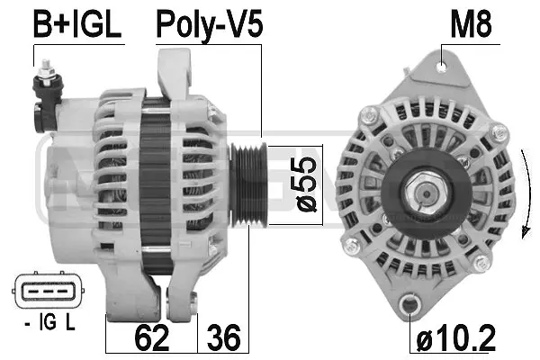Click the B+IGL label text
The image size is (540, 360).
[x=76, y=25]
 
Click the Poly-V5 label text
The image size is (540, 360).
[x=209, y=25]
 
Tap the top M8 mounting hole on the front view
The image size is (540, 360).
[x=440, y=65]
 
